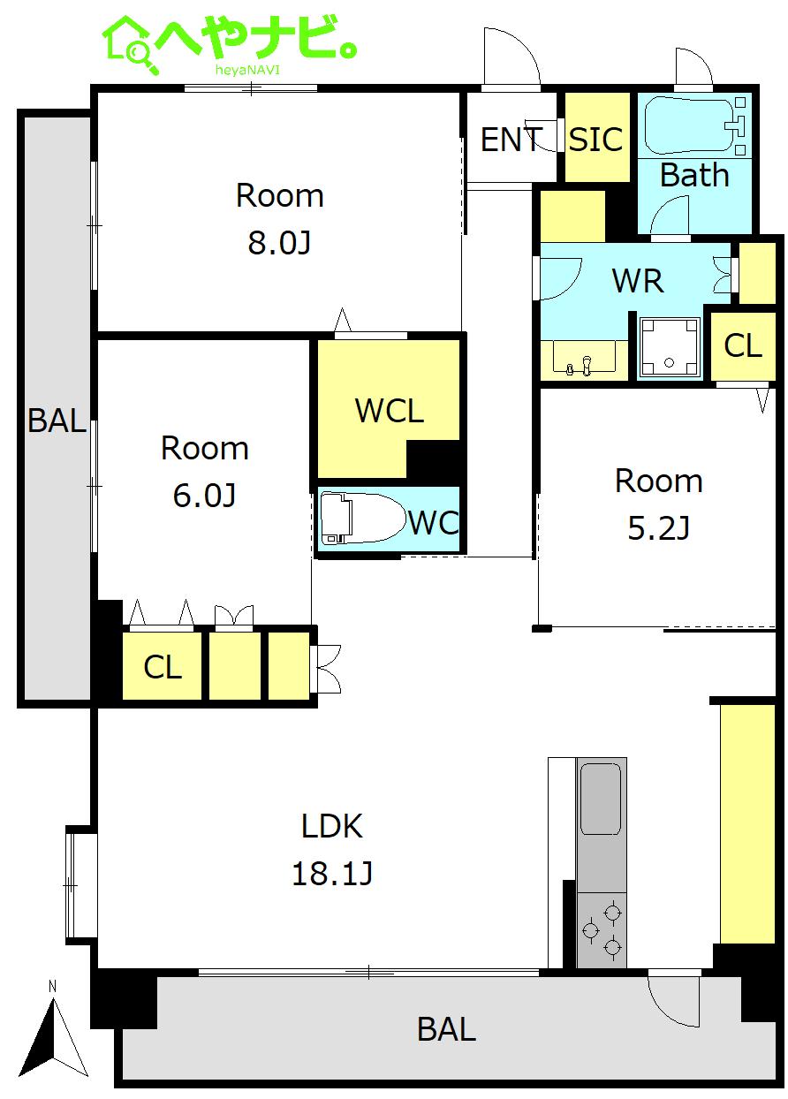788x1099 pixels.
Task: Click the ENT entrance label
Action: (x=511, y=140)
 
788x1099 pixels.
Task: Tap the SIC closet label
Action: (x=595, y=140)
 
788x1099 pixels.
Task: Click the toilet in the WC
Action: (x=359, y=519)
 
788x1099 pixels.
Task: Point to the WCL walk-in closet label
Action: (x=390, y=410)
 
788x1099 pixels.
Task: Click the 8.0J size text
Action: (x=279, y=242)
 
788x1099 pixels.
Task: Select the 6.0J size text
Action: (x=204, y=496)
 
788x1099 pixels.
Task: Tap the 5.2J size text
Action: (x=658, y=528)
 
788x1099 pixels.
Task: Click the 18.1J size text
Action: (x=332, y=874)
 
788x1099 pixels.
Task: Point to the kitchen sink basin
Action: (x=601, y=799)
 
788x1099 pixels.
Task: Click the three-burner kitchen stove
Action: (x=602, y=930)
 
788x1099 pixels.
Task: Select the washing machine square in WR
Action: (x=670, y=347)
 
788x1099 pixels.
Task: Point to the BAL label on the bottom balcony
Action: (x=446, y=1029)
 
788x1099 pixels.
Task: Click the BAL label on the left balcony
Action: (x=57, y=421)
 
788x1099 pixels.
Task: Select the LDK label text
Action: (x=332, y=826)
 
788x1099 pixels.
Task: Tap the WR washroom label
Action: (x=638, y=281)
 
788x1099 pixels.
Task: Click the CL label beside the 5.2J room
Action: (x=742, y=345)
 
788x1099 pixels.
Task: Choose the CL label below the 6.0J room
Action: (x=163, y=668)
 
